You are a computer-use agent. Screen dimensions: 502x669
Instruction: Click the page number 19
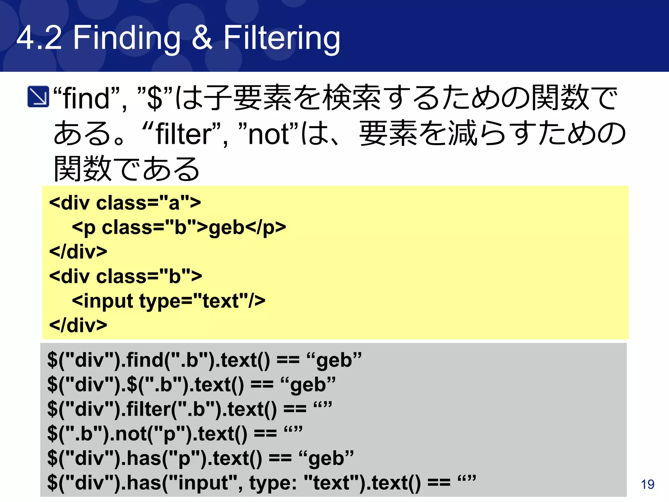coord(647,484)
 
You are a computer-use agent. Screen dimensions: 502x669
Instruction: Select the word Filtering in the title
coord(282,39)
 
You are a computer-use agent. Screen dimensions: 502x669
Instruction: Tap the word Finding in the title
coord(126,39)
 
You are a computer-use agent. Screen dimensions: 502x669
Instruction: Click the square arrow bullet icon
coord(38,96)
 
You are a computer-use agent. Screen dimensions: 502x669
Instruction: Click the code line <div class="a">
coord(125,203)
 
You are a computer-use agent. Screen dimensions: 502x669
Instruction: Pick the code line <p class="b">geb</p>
coord(179,227)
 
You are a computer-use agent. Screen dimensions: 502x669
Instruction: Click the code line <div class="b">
coord(125,276)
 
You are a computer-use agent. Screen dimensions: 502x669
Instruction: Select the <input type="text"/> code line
coord(168,301)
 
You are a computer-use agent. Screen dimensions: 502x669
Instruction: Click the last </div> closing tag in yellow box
coord(78,325)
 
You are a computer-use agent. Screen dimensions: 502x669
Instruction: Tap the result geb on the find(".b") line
coord(334,360)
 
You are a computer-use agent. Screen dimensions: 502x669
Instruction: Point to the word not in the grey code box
coord(131,434)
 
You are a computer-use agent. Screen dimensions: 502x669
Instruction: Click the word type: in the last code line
coord(273,483)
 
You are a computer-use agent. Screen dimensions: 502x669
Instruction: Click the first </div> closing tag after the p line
coord(78,252)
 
